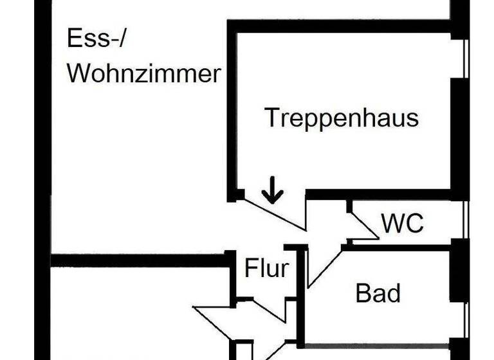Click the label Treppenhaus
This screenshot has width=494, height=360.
[x=342, y=118]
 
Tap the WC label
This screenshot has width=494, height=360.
[x=403, y=224]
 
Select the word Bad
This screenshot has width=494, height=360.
[x=378, y=293]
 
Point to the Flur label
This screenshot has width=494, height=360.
[x=266, y=268]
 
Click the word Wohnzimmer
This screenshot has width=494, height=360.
[x=144, y=74]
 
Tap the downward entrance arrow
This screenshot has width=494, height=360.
[x=272, y=192]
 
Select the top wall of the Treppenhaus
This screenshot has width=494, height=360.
[x=341, y=26]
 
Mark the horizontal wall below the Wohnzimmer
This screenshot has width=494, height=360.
[x=142, y=260]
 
